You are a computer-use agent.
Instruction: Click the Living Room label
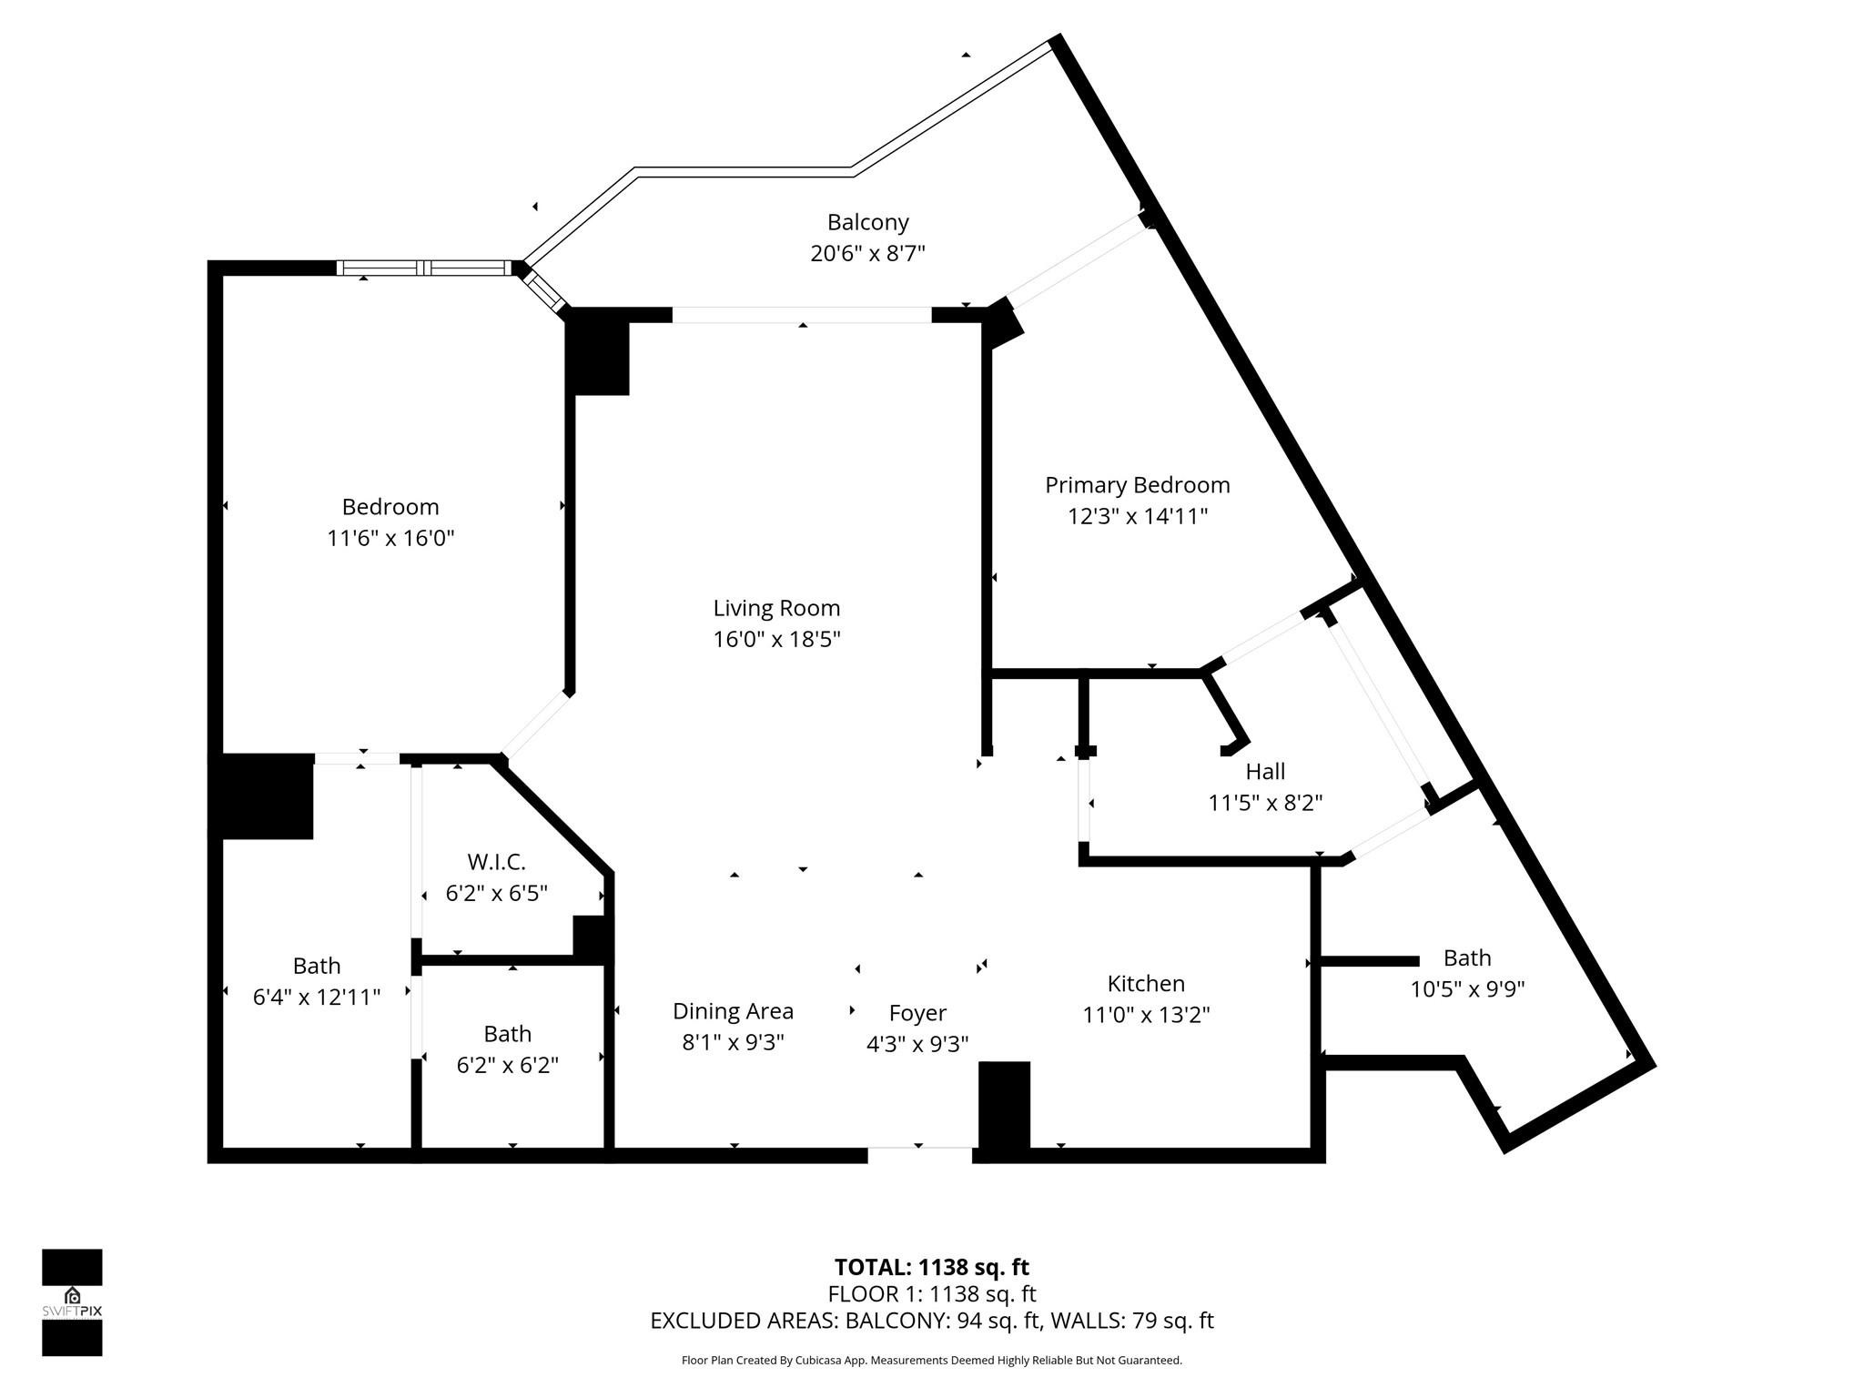tap(776, 608)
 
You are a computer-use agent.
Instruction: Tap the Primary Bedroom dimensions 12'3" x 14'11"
tap(1137, 516)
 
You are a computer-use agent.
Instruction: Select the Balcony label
tap(867, 222)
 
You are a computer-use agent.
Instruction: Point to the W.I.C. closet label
tap(496, 861)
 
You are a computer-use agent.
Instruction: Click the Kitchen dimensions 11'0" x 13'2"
tap(1146, 1014)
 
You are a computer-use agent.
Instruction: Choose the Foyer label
tap(917, 1012)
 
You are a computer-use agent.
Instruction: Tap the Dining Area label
tap(733, 1010)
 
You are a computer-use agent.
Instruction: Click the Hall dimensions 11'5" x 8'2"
tap(1265, 802)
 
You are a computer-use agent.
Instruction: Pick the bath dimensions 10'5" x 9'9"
tap(1467, 988)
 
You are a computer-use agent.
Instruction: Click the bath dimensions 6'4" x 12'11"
tap(316, 997)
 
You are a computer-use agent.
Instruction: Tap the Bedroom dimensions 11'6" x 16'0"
tap(390, 538)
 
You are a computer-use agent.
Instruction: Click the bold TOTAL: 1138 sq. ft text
tap(931, 1267)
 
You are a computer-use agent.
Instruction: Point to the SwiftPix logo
tap(72, 1302)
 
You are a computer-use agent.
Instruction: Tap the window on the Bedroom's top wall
tap(424, 268)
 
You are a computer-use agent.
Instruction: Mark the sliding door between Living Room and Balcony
tap(801, 315)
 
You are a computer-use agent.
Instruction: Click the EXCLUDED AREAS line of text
tap(931, 1321)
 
